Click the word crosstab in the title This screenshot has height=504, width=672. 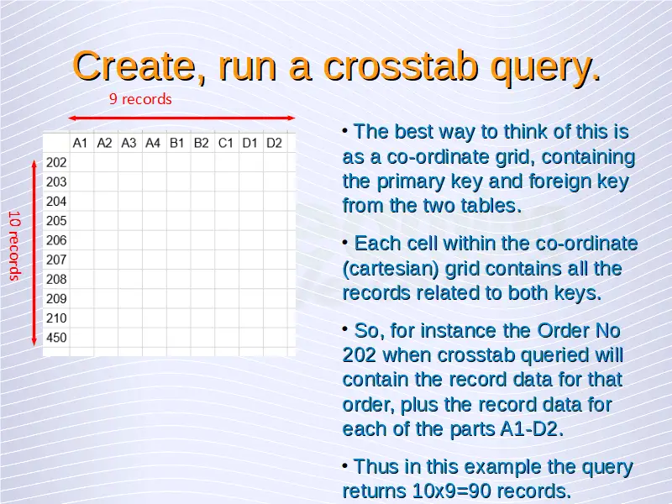tap(402, 67)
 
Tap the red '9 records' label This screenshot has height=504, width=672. tap(140, 99)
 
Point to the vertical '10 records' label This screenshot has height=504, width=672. tap(14, 245)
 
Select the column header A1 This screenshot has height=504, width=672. tap(80, 143)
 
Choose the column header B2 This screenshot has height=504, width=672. tap(201, 143)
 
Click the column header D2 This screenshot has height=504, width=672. tap(274, 143)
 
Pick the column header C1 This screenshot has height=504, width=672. tap(225, 143)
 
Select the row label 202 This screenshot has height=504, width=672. tap(56, 162)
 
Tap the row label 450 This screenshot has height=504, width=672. tap(56, 338)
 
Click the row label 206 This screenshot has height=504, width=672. tap(56, 240)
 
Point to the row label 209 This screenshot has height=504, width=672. tap(56, 299)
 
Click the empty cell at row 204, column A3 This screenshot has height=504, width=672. tap(130, 202)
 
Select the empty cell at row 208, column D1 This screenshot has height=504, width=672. tap(251, 280)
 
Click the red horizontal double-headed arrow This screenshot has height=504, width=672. tap(181, 118)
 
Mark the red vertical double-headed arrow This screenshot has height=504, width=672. tap(34, 253)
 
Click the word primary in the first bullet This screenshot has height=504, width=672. tap(411, 182)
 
